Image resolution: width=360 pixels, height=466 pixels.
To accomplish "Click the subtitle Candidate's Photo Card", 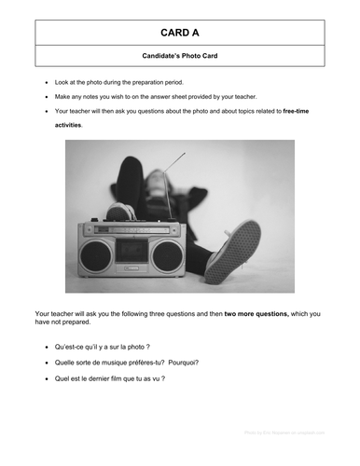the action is click(180, 57).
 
